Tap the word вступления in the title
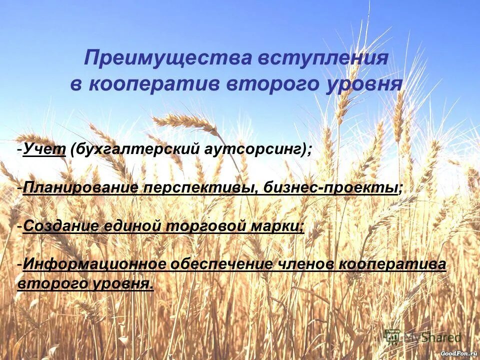[322, 58]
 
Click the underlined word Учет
[44, 149]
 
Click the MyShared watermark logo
[422, 337]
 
